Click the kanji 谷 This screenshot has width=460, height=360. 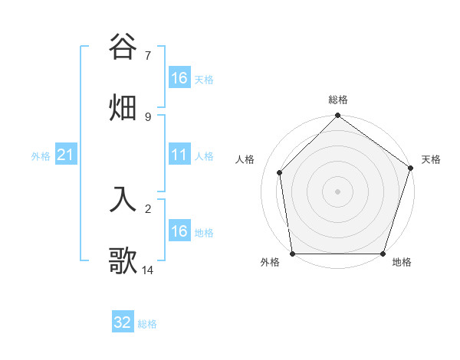click(123, 47)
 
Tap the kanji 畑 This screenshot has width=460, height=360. click(123, 106)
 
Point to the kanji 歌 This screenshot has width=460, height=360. click(123, 260)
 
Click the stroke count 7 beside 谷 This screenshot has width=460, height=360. click(147, 56)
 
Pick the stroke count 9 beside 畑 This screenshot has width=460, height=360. click(147, 116)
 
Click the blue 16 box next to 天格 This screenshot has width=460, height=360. click(179, 78)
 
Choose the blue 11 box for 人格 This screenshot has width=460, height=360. click(179, 155)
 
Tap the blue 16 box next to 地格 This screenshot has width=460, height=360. click(179, 231)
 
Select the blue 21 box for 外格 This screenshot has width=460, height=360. click(65, 155)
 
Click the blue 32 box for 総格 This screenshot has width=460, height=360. click(123, 322)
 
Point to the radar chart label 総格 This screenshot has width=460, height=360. click(338, 100)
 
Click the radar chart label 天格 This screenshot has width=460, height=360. click(432, 159)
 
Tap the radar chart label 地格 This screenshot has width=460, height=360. click(402, 263)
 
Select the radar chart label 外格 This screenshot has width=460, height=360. click(270, 263)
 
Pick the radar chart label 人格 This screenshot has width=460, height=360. click(245, 159)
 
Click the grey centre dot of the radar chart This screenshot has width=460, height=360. click(338, 191)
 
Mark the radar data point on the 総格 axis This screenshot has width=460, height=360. click(338, 117)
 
